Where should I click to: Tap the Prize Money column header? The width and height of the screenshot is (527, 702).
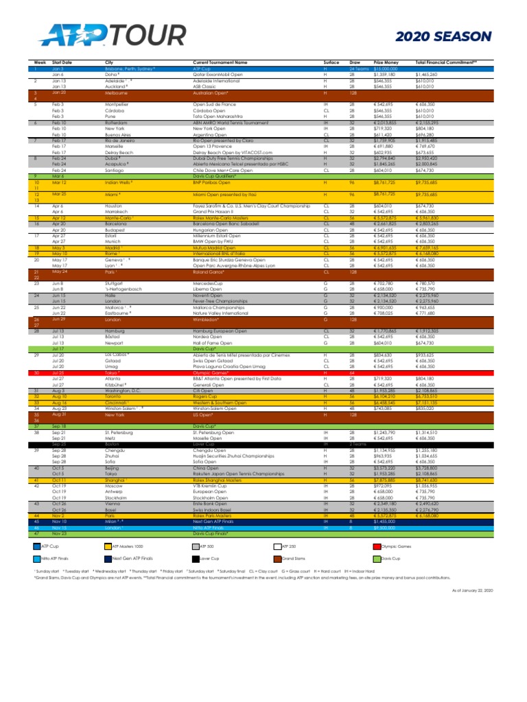385,62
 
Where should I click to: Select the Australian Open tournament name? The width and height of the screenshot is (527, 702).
210,92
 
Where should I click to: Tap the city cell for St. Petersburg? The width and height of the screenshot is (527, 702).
121,433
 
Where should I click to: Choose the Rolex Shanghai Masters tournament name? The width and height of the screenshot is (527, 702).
218,481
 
